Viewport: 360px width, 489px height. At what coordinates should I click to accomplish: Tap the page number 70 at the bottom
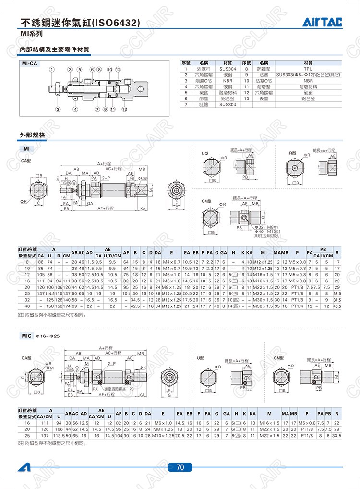tap(180, 466)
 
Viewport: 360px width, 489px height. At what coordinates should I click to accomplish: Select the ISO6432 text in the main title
tap(116, 22)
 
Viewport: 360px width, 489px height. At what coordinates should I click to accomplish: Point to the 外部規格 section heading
tap(33, 135)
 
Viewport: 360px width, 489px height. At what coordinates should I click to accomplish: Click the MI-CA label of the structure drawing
tap(30, 63)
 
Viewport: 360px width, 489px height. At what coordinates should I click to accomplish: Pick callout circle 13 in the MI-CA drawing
tap(124, 109)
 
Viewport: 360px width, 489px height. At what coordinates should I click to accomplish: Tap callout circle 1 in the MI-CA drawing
tap(51, 70)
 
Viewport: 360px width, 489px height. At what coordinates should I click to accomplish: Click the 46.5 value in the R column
tap(337, 306)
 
